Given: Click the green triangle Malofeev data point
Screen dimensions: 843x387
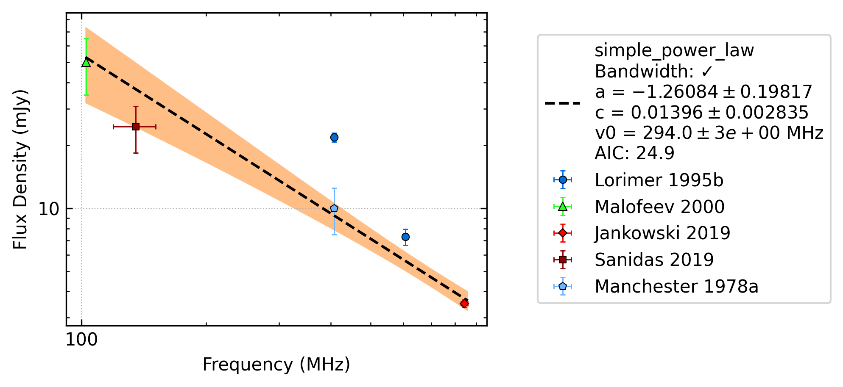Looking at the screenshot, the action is (x=86, y=62).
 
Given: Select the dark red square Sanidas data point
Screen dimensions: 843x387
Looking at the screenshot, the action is (x=136, y=127).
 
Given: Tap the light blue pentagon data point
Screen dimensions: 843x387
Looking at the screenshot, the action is (x=334, y=208).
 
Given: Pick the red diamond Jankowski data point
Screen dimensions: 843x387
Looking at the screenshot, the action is (x=464, y=304).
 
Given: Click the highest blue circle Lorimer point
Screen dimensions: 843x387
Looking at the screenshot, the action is (x=334, y=137).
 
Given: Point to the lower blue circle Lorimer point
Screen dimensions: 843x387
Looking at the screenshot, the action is (x=405, y=237).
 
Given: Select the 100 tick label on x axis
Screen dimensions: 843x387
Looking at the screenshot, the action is (x=81, y=340).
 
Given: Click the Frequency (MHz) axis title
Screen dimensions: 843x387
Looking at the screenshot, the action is (x=276, y=365).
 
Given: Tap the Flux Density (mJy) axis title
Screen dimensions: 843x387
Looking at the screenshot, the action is (x=20, y=169).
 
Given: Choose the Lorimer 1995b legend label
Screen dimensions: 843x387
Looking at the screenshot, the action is (x=659, y=180).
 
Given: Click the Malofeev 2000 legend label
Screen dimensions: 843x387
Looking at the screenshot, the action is (x=659, y=207).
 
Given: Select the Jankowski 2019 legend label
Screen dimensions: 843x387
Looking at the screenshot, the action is (x=662, y=233).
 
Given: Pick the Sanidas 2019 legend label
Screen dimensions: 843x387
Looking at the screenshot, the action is (x=654, y=260).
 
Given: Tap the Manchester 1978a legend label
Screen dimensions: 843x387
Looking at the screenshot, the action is (x=676, y=287).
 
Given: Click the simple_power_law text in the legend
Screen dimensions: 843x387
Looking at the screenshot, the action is (x=674, y=51).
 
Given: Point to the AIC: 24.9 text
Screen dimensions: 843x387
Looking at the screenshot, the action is (x=634, y=153).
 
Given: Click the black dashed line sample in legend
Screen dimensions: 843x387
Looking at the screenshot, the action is (x=563, y=103).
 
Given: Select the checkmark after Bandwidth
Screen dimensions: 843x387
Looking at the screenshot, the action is (x=707, y=72).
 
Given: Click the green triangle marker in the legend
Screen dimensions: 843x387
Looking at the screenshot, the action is (x=563, y=207).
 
